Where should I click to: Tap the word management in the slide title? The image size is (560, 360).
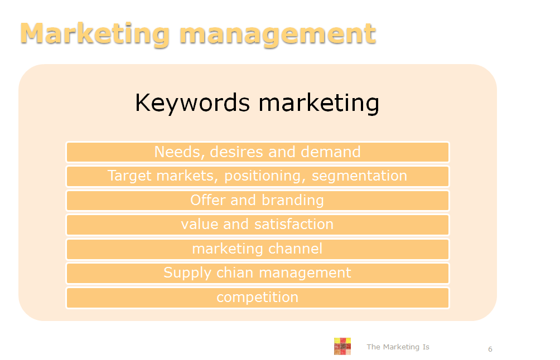[278, 35]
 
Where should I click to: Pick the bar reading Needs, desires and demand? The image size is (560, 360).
[257, 152]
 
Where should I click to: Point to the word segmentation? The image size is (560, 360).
[359, 176]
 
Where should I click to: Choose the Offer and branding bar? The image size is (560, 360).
[257, 201]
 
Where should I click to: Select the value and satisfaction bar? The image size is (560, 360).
[257, 225]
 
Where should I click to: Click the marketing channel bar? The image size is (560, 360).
[257, 249]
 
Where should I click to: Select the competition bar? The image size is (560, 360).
[257, 298]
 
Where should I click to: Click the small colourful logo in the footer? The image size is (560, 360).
[342, 346]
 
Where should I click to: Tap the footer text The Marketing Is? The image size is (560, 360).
[398, 347]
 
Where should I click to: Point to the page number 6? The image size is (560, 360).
[490, 349]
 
